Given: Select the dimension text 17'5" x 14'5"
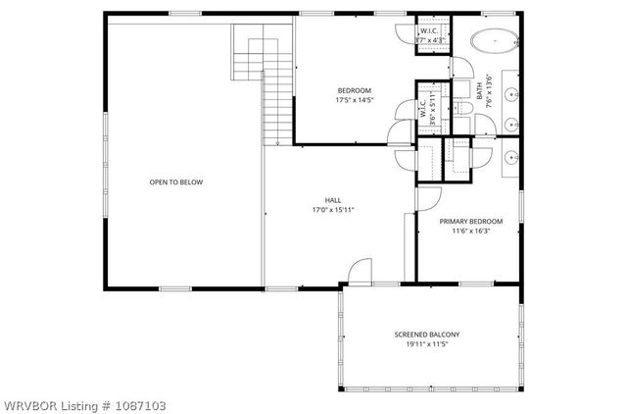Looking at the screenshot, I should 354,99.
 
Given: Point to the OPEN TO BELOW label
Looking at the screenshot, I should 175,181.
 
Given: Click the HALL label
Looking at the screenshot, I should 333,200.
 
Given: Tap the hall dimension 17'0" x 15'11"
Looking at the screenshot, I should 333,209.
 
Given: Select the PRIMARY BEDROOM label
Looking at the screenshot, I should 471,222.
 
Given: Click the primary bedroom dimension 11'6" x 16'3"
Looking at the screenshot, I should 471,232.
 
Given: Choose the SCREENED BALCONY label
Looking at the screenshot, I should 427,335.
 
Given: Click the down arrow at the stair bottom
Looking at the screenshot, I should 278,137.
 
